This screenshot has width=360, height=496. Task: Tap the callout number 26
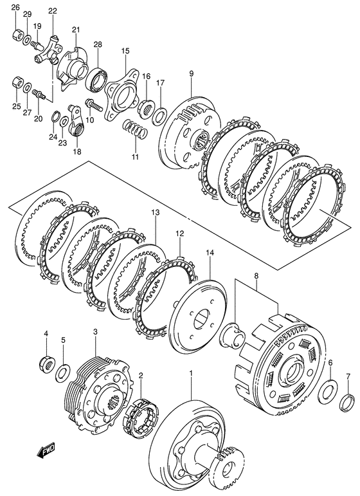(x=16, y=8)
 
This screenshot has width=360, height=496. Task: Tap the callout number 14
(x=210, y=253)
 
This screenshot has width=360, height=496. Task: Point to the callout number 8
(x=256, y=276)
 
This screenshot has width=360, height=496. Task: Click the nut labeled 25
(x=17, y=84)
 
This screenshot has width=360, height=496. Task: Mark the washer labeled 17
(x=160, y=116)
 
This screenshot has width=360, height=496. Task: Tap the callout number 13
(x=156, y=213)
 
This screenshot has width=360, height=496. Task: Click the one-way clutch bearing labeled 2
(x=141, y=416)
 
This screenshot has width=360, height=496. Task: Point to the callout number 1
(x=191, y=374)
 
